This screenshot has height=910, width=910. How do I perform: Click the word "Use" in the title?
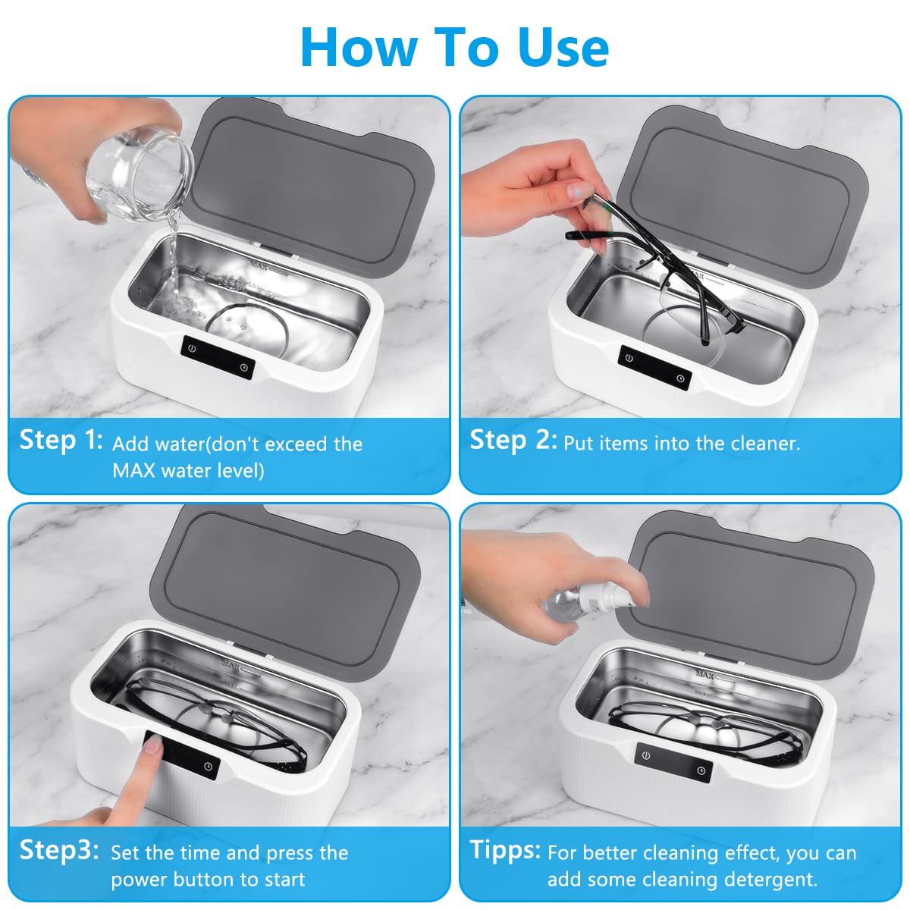pos(563,48)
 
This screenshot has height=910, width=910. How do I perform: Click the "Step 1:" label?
pos(61,440)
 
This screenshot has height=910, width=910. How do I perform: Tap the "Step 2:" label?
pos(513,440)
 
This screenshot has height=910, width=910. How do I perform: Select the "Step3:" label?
pos(59,850)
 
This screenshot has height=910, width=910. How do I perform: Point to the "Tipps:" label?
pos(505,850)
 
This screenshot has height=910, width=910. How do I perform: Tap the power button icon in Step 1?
pos(192,349)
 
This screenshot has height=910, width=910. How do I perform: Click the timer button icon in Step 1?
pos(243,367)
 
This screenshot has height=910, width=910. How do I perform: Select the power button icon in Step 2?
pos(629,358)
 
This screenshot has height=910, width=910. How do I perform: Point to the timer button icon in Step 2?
pos(680,378)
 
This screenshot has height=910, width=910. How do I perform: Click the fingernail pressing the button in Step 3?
pos(153,745)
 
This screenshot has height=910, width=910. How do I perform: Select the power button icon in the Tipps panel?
pos(646,755)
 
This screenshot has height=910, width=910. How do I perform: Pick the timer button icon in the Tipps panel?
pos(701,770)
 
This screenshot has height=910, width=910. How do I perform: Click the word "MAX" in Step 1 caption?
pos(134,470)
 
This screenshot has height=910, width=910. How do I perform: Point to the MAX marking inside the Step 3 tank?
pos(231,665)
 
